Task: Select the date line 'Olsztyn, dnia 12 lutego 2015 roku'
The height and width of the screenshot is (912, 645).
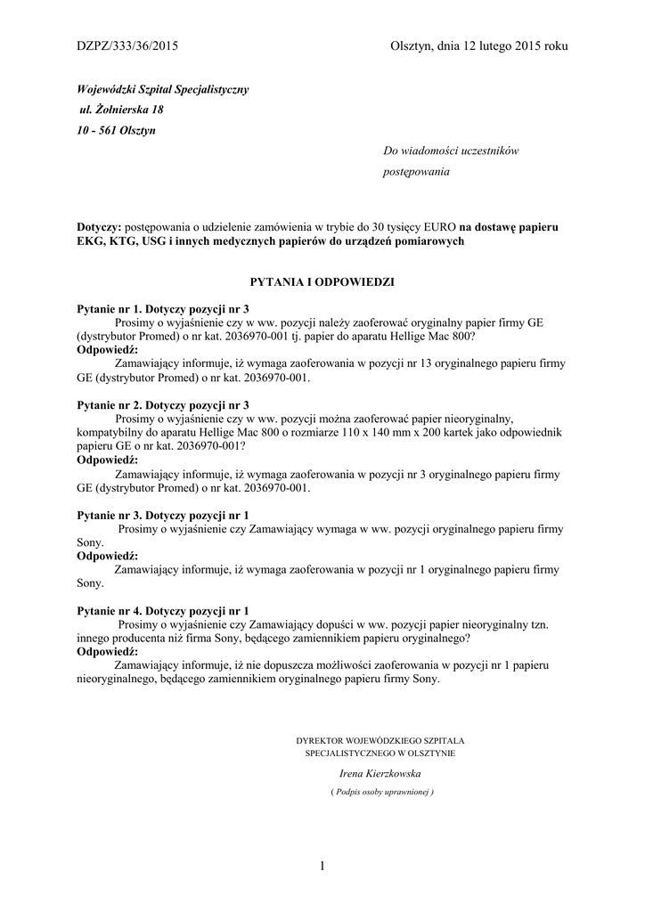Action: [x=478, y=45]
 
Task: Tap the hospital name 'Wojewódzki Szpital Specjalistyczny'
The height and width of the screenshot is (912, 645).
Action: [x=163, y=90]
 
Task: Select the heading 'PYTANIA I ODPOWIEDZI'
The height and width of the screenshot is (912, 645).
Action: [x=322, y=281]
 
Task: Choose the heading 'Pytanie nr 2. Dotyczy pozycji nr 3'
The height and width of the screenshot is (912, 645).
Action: [x=163, y=404]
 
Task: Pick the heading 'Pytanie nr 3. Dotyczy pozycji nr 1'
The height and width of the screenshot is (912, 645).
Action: [x=163, y=516]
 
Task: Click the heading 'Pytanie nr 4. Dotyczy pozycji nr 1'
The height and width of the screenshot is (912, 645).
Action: [x=163, y=612]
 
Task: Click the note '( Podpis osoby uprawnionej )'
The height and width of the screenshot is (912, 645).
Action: [x=380, y=791]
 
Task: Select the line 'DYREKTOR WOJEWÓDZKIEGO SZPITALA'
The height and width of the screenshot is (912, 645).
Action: [x=380, y=740]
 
